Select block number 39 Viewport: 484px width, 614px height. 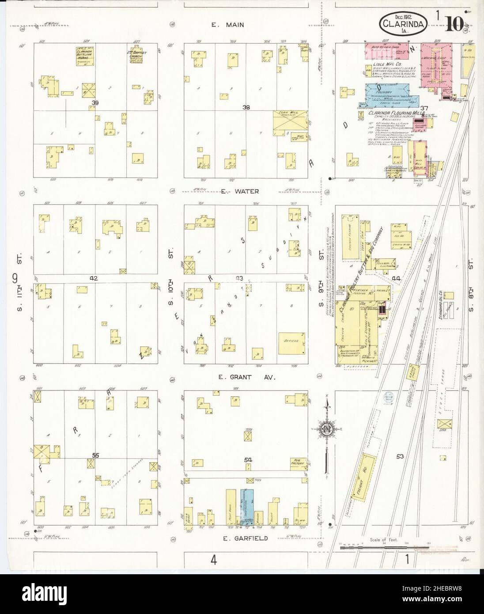pyautogui.click(x=94, y=102)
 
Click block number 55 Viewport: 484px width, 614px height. pyautogui.click(x=95, y=455)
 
